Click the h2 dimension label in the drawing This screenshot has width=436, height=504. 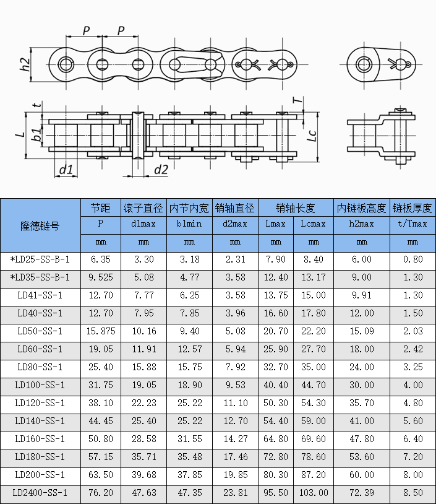click(x=25, y=64)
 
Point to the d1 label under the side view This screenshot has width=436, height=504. click(x=66, y=169)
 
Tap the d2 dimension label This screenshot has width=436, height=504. click(x=161, y=169)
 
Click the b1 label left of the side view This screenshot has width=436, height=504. click(x=37, y=135)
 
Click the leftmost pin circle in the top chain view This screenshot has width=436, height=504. click(x=66, y=64)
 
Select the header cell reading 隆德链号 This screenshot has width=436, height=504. click(x=40, y=226)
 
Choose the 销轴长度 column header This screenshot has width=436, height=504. click(x=295, y=207)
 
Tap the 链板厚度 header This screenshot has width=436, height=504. click(x=412, y=207)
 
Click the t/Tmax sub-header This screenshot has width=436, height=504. click(x=412, y=224)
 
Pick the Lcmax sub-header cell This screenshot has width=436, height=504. click(x=314, y=224)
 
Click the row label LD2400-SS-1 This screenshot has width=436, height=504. click(x=40, y=493)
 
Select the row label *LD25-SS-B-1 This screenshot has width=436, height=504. click(x=40, y=259)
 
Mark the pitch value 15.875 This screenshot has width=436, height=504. click(x=101, y=331)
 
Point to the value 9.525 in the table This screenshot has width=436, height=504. click(x=101, y=277)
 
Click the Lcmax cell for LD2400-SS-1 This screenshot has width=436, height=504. click(x=314, y=493)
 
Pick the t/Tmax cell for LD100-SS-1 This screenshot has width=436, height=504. click(x=412, y=385)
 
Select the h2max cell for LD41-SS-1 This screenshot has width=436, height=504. click(x=362, y=295)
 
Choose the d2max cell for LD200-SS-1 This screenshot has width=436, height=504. click(x=235, y=475)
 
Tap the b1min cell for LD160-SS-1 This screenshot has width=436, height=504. click(x=190, y=439)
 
